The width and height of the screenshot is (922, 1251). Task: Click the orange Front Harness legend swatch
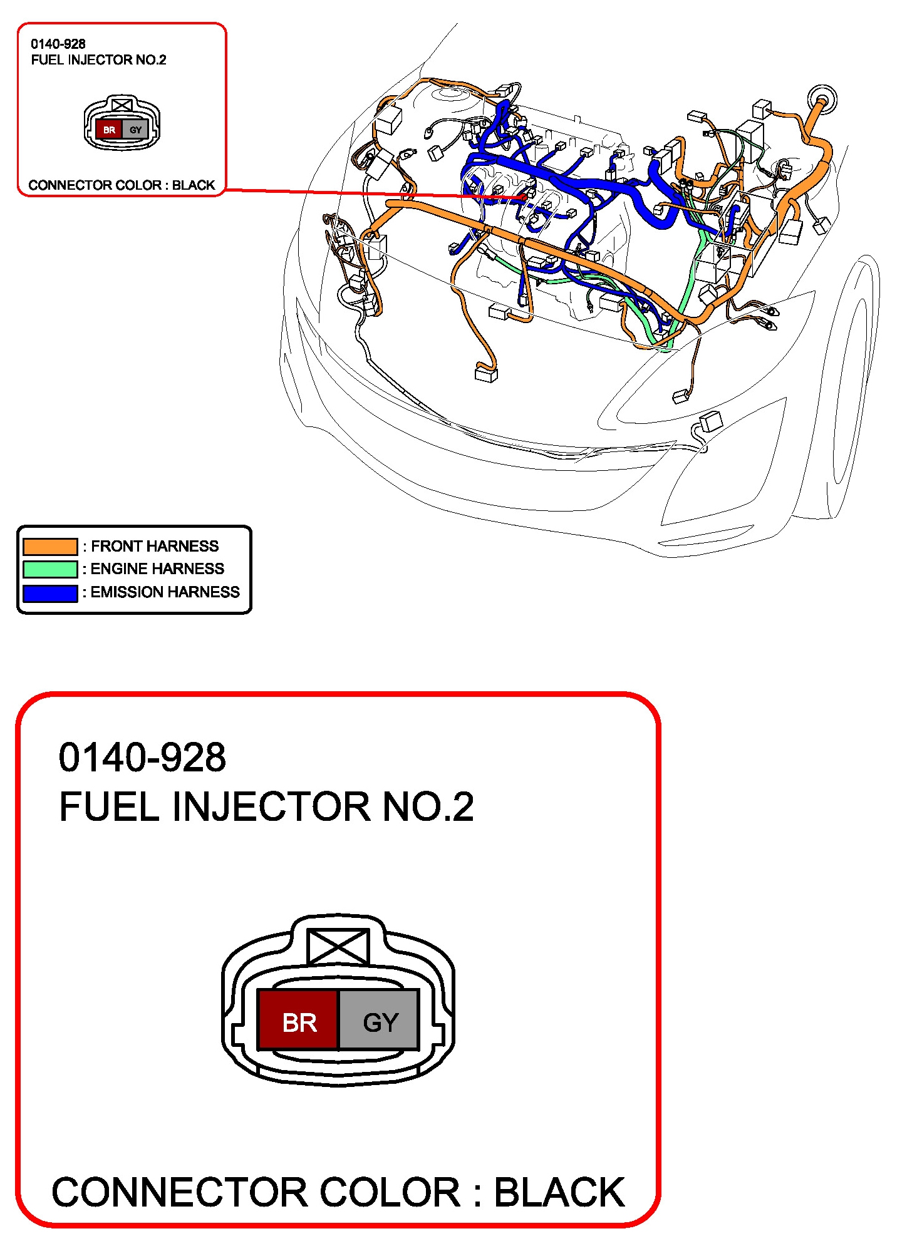50,547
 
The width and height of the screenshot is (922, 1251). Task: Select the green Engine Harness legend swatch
50,569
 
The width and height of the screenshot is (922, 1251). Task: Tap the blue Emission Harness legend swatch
50,593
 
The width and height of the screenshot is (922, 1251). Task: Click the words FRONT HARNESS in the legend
155,546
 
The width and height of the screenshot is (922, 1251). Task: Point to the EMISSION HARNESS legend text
165,592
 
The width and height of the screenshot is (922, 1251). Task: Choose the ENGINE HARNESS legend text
157,569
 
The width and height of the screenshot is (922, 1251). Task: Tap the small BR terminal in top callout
109,130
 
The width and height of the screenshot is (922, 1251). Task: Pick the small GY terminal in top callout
135,130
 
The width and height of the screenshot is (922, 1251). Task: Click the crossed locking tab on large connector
338,946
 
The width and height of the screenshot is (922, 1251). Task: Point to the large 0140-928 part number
142,757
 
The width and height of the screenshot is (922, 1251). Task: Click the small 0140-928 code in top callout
58,44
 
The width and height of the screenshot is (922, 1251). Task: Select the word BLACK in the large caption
559,1192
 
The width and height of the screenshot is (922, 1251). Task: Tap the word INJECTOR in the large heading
271,806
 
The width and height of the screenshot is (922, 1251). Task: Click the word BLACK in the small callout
194,185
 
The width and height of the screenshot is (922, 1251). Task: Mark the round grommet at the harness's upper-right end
822,99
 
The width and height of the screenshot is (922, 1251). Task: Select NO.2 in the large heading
428,806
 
